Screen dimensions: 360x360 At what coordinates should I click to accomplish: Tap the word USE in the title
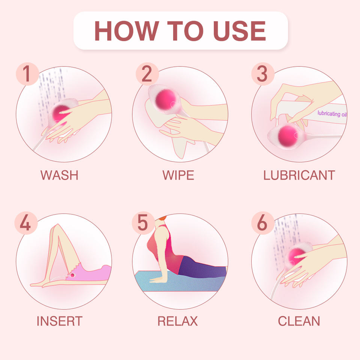coord(240,31)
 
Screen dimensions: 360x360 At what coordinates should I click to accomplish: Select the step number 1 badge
coord(27,74)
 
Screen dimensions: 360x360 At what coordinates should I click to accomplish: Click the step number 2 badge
coord(147,74)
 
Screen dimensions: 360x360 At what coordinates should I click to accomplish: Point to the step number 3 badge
coord(263,74)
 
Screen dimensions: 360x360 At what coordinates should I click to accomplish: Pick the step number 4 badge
coord(26,223)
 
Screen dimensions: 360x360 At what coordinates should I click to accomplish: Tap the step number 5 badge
coord(143,223)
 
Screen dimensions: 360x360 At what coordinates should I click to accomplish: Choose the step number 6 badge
coord(263,223)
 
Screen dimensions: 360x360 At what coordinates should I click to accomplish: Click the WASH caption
coord(60,175)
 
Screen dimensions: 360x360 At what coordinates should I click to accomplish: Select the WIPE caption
coord(178,175)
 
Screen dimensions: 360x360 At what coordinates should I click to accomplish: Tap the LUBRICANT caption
coord(299,175)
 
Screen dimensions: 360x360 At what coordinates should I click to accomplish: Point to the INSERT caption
coord(60,321)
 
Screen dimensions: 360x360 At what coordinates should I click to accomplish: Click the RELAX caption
coord(178,321)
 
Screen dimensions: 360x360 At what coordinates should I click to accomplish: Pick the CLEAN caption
coord(299,321)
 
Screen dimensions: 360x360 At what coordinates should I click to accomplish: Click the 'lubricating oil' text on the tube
coord(332,114)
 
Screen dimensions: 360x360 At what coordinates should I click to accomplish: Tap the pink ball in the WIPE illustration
coord(166,100)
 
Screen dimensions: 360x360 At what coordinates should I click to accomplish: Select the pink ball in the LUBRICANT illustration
coord(288,136)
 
